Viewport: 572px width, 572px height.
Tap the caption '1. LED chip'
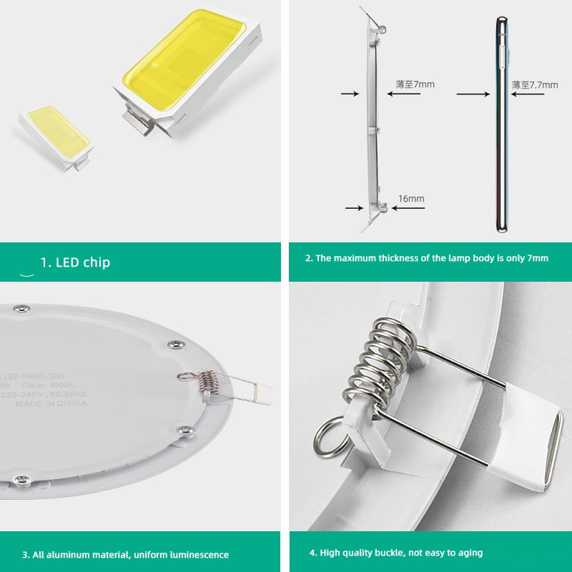(x=75, y=262)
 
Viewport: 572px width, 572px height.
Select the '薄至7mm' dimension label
(x=415, y=84)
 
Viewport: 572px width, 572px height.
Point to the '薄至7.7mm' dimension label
(x=534, y=84)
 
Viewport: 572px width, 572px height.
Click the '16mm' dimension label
(x=411, y=198)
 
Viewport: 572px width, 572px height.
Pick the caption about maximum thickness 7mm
(x=427, y=258)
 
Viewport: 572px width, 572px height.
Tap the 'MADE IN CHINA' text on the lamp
(x=51, y=404)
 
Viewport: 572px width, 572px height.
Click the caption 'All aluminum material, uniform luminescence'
(x=125, y=554)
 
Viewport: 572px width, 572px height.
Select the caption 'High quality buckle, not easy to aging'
(x=396, y=552)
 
